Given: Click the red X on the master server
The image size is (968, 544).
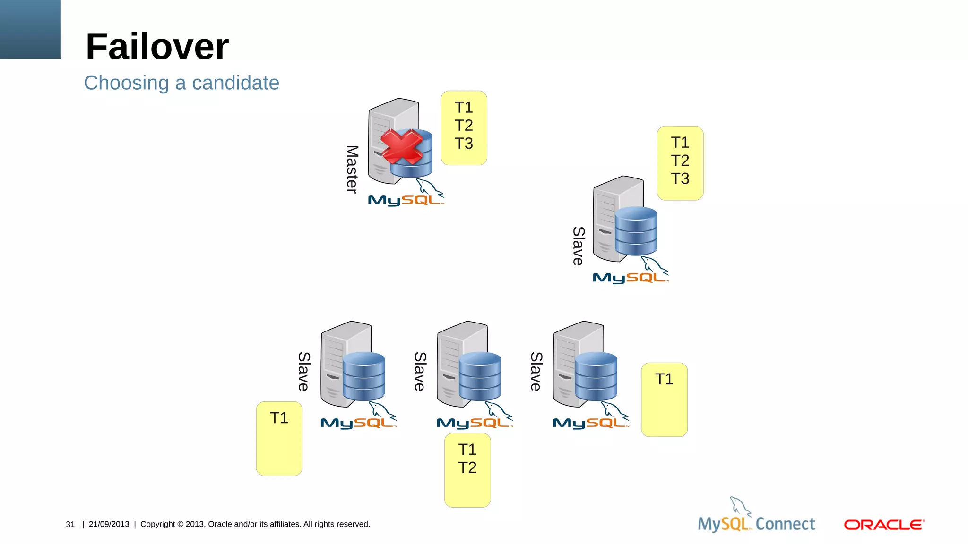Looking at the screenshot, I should coord(402,147).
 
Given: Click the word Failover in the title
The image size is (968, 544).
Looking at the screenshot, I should coord(157,47).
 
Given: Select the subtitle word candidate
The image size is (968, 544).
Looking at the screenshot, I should coord(235,83).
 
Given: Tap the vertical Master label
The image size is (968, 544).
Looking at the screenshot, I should coord(352,169).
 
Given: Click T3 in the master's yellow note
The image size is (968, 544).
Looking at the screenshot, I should coord(464,144).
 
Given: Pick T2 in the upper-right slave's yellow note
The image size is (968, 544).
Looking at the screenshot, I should coord(680,161).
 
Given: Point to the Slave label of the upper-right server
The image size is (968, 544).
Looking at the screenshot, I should coord(579,246).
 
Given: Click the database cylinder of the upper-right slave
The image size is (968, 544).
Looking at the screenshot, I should coord(636,231).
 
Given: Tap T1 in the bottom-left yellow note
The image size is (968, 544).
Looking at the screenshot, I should coord(279,418).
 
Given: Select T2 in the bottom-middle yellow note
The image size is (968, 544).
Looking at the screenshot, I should coord(467,467).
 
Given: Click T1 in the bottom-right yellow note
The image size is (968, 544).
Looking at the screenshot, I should coord(664,379).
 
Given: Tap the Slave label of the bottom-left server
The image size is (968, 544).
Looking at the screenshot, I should coord(304,371).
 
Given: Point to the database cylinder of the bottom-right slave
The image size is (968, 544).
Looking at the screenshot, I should coord(596,376).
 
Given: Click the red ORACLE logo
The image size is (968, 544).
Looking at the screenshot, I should coord(884,525).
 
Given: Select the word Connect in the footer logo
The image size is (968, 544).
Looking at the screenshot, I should coord(785,524).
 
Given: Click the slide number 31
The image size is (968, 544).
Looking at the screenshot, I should coord(70,524).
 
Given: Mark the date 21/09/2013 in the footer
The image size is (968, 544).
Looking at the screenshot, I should coord(109,524).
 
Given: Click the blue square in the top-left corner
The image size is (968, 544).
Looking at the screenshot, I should coord(30,29).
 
